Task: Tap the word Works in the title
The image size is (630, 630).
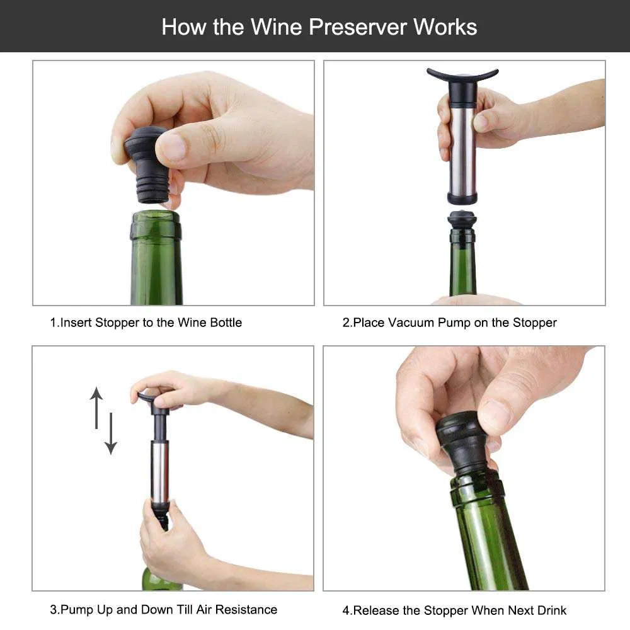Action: coord(445,26)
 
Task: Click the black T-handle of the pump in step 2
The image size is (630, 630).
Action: coord(462,76)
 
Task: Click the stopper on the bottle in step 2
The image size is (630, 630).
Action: coord(462,222)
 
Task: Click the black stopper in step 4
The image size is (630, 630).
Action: coord(463,441)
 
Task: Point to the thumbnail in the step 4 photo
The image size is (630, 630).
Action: coord(495,416)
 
